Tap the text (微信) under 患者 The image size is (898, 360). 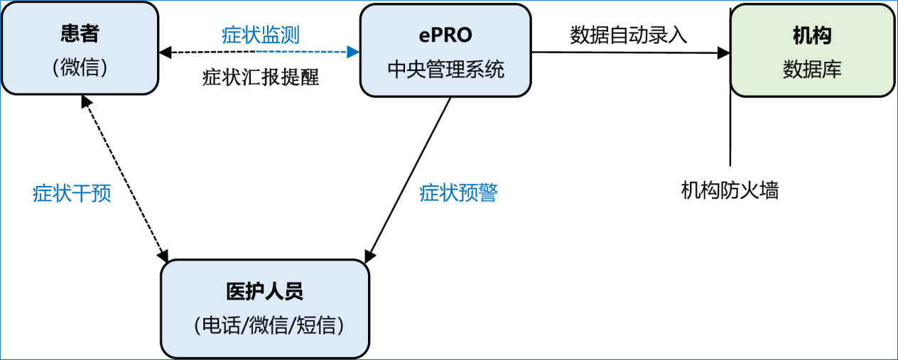click(x=79, y=67)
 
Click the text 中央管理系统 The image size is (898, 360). click(x=445, y=69)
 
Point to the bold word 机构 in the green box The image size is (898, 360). click(x=812, y=36)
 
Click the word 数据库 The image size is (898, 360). click(x=812, y=69)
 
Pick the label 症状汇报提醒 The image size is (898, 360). click(x=261, y=77)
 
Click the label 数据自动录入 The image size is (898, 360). click(x=628, y=35)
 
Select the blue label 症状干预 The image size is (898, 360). click(x=72, y=193)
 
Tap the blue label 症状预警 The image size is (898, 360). click(x=458, y=192)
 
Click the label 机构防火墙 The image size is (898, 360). click(x=730, y=190)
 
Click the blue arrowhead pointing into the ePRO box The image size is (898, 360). click(x=353, y=52)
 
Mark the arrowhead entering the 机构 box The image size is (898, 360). click(x=724, y=53)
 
